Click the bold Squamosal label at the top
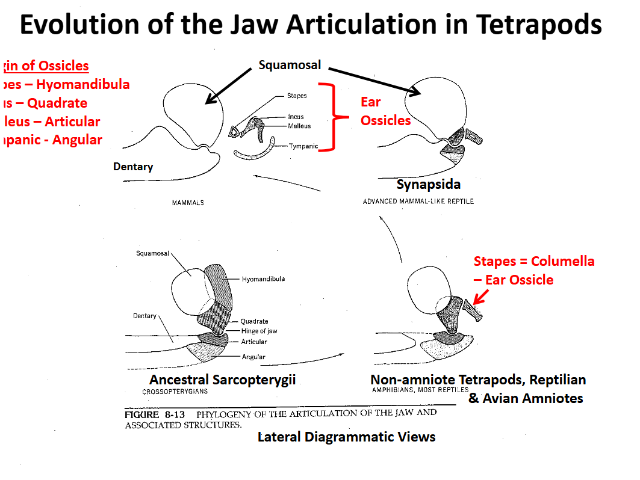tap(290, 65)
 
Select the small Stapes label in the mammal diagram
tap(297, 96)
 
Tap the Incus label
tap(296, 117)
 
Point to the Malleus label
tap(299, 126)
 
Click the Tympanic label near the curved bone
tap(303, 146)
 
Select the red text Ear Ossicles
tap(385, 111)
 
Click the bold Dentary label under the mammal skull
tap(133, 167)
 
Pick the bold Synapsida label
tap(429, 185)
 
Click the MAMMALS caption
tap(188, 203)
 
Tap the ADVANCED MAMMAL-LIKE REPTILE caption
tap(418, 201)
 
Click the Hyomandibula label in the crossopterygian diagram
tap(263, 279)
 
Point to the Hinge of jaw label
tap(259, 331)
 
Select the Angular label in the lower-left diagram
tap(253, 357)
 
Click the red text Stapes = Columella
tap(533, 261)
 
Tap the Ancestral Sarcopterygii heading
tap(222, 380)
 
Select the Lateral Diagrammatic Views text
tap(346, 437)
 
